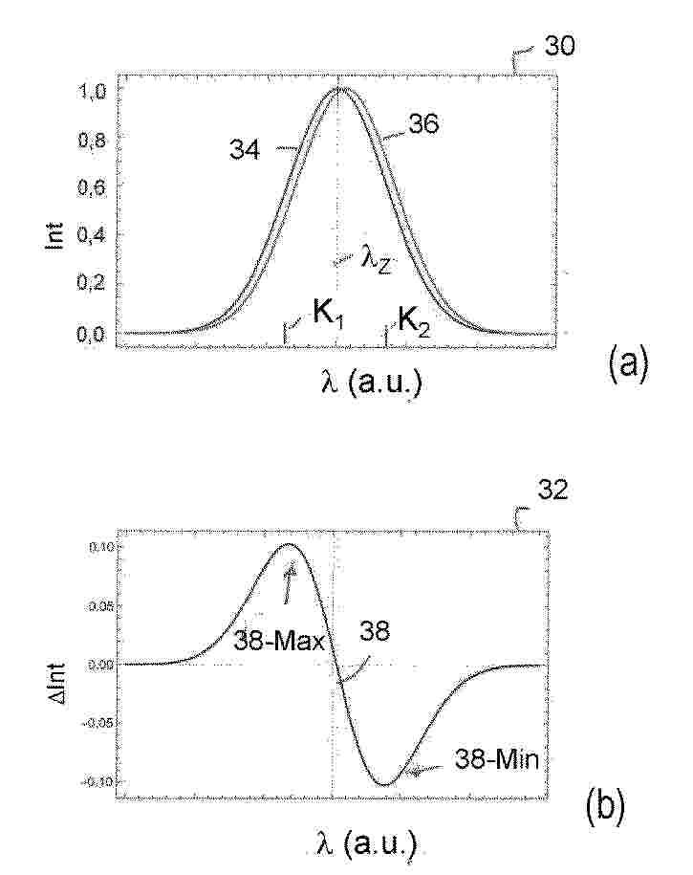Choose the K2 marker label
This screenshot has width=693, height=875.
click(413, 323)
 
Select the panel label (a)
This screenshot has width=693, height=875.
click(628, 363)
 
